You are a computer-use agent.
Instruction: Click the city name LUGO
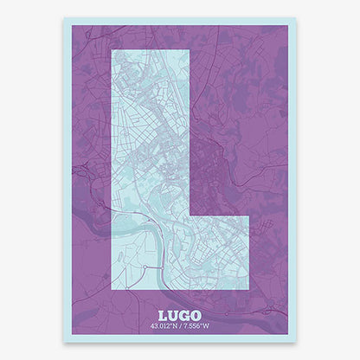pyautogui.click(x=180, y=317)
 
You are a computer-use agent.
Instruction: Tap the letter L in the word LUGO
pyautogui.click(x=164, y=317)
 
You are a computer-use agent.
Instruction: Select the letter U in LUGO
pyautogui.click(x=175, y=317)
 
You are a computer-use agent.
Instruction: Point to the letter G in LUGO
pyautogui.click(x=185, y=317)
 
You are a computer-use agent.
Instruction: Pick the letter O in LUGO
pyautogui.click(x=196, y=317)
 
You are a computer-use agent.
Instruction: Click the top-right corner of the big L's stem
pyautogui.click(x=189, y=50)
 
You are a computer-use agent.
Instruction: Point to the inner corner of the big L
pyautogui.click(x=189, y=216)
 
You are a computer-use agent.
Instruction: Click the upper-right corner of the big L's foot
pyautogui.click(x=249, y=216)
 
